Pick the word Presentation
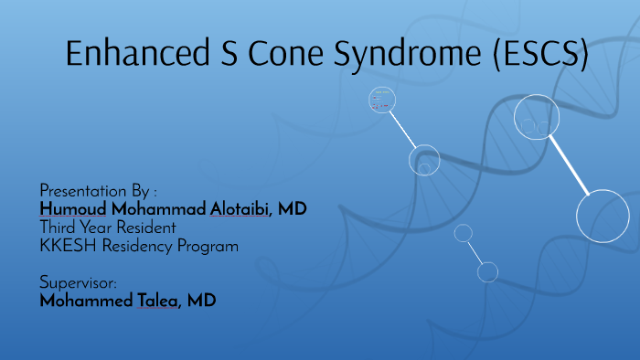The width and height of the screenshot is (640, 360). pyautogui.click(x=83, y=192)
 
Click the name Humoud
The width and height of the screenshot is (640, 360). pyautogui.click(x=69, y=209)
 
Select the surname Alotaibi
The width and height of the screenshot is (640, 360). pyautogui.click(x=240, y=209)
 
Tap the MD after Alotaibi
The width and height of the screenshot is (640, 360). pyautogui.click(x=293, y=209)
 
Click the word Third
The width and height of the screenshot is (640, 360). pyautogui.click(x=59, y=228)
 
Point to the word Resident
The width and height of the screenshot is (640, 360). pyautogui.click(x=144, y=228)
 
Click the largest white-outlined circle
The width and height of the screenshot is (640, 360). pyautogui.click(x=603, y=216)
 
